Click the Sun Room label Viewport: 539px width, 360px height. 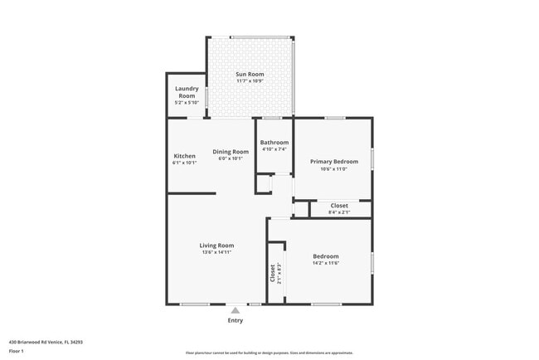(249, 75)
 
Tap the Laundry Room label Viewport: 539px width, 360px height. (185, 91)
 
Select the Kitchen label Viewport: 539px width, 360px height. (184, 156)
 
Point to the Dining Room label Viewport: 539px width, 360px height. (231, 151)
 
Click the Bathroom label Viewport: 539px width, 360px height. (274, 142)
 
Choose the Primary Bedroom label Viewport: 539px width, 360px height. (334, 161)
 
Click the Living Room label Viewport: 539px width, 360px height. (216, 245)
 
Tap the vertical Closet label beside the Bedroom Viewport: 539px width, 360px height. (272, 272)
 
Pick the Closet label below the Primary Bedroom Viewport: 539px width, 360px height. (339, 205)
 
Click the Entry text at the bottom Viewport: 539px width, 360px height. (236, 320)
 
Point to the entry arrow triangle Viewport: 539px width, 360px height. (236, 309)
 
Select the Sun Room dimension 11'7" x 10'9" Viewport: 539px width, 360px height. (249, 81)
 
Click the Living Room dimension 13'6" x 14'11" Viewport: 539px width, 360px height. (216, 252)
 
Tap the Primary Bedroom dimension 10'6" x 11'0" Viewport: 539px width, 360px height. (334, 168)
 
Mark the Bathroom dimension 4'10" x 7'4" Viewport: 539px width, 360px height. (274, 149)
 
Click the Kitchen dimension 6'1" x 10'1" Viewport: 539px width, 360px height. (184, 163)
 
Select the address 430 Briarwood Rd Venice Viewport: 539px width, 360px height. (46, 342)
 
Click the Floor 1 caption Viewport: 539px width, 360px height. (17, 351)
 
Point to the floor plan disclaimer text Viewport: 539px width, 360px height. (269, 353)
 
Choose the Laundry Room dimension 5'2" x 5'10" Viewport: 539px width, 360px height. (185, 102)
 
